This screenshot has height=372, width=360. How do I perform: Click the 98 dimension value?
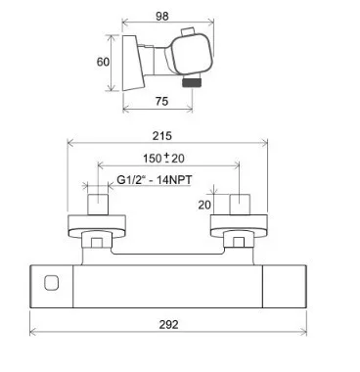[162, 16]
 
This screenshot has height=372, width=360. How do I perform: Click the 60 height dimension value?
[103, 62]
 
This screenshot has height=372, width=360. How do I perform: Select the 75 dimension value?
[161, 102]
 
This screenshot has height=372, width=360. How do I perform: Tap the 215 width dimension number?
[162, 136]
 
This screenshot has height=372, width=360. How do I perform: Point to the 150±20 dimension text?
[163, 159]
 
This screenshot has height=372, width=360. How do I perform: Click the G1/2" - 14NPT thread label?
[154, 179]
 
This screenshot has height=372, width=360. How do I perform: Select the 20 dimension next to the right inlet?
[204, 205]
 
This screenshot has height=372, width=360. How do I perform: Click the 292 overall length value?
[169, 325]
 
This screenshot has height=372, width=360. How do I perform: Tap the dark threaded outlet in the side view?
[191, 83]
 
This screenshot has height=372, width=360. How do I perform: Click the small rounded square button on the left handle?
[51, 283]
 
